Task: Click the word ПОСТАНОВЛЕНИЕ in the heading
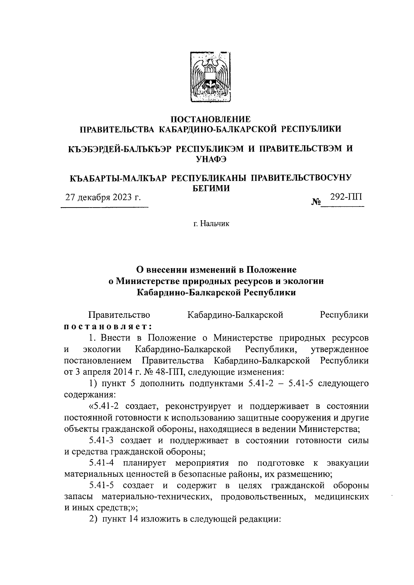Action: (211, 119)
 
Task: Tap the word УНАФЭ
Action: (211, 159)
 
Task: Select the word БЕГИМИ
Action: (211, 188)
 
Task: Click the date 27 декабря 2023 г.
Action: (103, 198)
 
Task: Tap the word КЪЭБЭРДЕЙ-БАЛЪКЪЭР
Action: (118, 149)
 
